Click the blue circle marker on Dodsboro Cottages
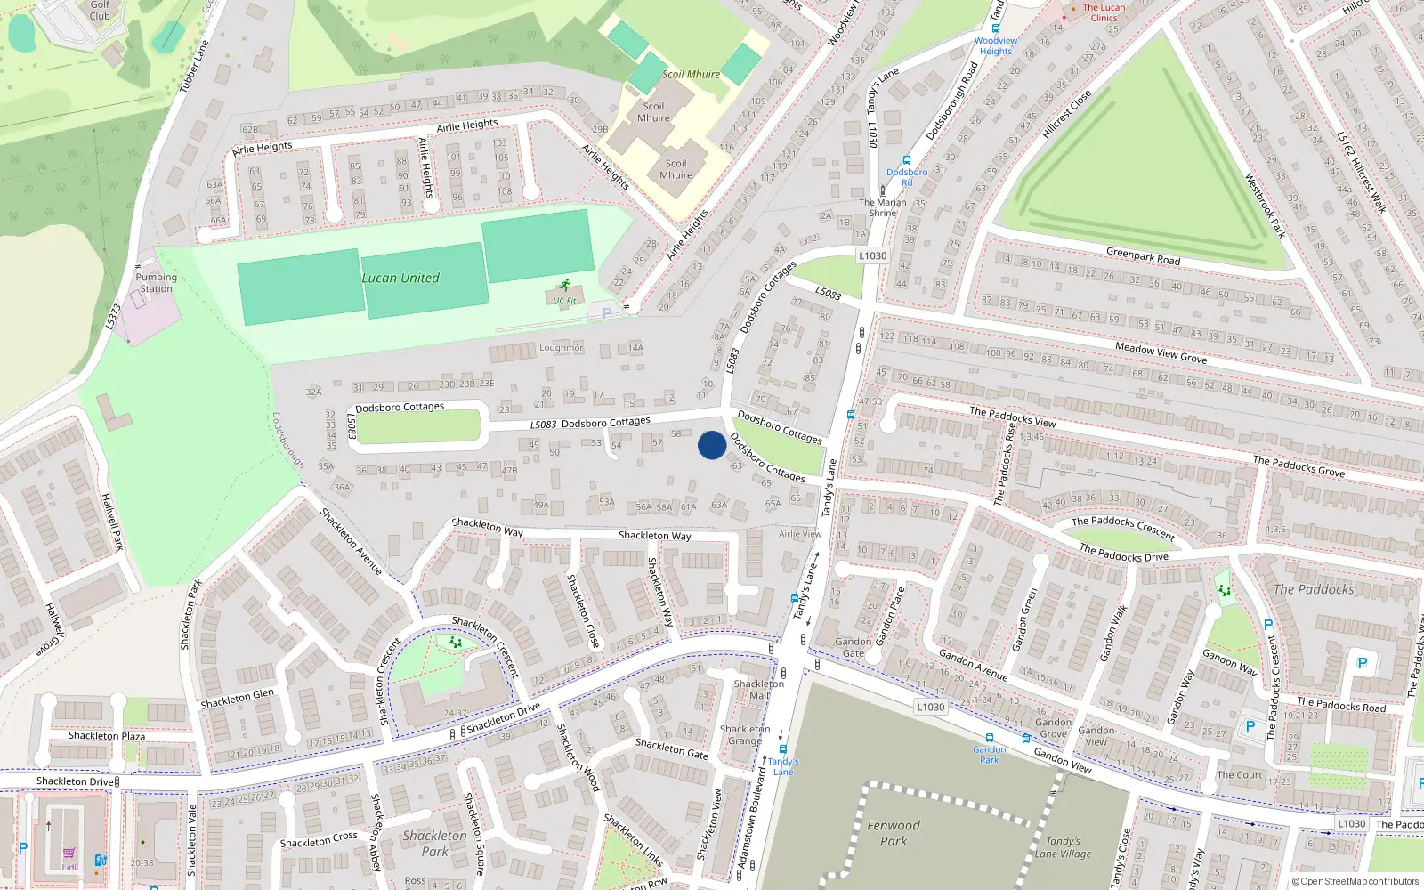tap(711, 445)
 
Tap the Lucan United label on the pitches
tap(400, 278)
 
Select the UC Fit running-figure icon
tap(564, 286)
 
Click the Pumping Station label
tap(156, 283)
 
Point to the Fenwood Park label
tap(894, 833)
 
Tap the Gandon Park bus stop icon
tap(989, 738)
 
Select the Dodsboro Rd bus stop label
tap(907, 177)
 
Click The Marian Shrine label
tap(882, 207)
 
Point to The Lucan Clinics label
tap(1104, 12)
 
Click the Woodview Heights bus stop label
tap(996, 45)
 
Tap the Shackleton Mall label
tap(759, 690)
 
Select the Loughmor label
tap(561, 348)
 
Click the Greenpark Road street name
tap(1143, 257)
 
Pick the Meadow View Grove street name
tap(1161, 352)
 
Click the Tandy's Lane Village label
tap(1063, 847)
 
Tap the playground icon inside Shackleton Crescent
tap(456, 642)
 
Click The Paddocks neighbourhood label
tap(1314, 589)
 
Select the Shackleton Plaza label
tap(107, 736)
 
